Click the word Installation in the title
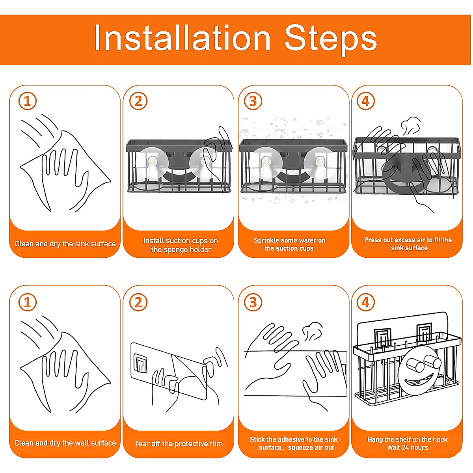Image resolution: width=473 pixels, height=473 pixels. (182, 38)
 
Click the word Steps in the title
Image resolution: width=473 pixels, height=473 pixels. (331, 40)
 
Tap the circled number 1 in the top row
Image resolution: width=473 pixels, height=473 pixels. (28, 101)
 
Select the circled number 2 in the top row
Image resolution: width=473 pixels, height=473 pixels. (138, 101)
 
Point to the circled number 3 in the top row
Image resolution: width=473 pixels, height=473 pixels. (253, 101)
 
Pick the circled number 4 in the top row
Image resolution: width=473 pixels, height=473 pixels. (366, 101)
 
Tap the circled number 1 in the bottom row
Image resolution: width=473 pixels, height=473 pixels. (28, 302)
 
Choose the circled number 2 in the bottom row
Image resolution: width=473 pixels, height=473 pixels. (138, 302)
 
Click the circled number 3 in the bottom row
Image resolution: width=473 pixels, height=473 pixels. (253, 302)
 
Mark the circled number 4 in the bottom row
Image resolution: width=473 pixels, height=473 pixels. (366, 302)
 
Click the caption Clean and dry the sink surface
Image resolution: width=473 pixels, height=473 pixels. (65, 244)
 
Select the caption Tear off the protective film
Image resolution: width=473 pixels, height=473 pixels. (179, 443)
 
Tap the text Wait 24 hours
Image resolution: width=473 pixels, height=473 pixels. (408, 447)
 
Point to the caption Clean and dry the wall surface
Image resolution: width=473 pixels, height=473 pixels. (65, 443)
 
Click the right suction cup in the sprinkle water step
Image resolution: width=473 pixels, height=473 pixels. (320, 162)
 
